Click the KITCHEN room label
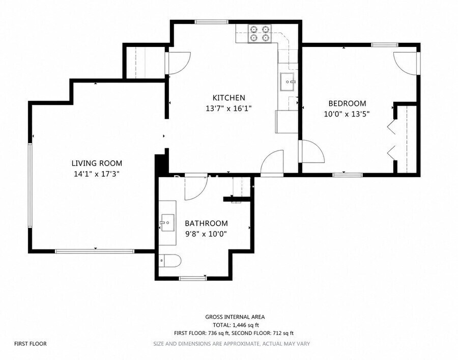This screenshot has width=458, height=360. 228,98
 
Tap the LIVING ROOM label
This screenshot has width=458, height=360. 97,163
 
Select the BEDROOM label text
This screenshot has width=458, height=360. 347,103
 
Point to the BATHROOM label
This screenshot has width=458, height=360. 206,224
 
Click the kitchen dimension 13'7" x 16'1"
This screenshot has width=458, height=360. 228,108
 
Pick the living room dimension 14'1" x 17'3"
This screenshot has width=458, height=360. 97,174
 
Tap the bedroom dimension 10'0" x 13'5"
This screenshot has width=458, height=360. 347,114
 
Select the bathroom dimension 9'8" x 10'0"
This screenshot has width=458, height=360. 206,234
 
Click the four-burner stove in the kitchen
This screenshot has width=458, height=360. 260,33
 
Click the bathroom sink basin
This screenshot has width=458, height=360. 167,223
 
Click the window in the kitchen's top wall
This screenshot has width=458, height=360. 212,21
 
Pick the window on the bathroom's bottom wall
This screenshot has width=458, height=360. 193,278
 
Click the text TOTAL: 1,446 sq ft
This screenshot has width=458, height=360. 236,325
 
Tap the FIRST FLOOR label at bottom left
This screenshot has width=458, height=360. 31,344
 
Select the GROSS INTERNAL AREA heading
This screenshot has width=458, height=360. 235,317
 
